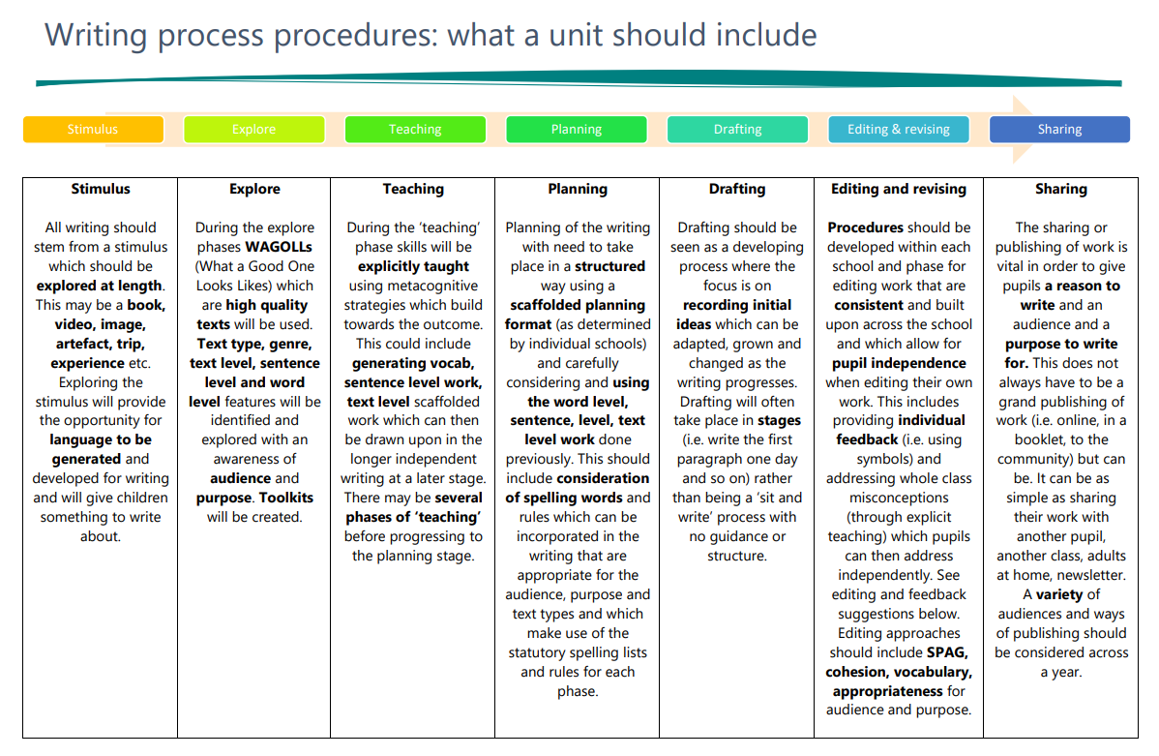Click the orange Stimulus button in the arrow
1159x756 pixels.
93,130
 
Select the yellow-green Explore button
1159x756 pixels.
254,130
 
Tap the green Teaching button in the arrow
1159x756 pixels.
415,130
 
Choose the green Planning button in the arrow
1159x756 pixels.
577,130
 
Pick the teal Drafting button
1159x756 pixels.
738,130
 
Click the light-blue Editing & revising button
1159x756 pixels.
899,130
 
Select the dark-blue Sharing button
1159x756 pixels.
1060,130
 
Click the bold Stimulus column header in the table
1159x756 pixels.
101,190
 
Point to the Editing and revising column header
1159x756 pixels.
899,190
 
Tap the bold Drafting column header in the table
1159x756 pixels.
737,190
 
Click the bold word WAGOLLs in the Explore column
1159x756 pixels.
279,247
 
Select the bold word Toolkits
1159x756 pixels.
286,498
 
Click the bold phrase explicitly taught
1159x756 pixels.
413,266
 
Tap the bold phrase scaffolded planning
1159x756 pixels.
578,306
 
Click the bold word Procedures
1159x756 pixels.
866,227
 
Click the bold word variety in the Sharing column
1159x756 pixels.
1059,594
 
